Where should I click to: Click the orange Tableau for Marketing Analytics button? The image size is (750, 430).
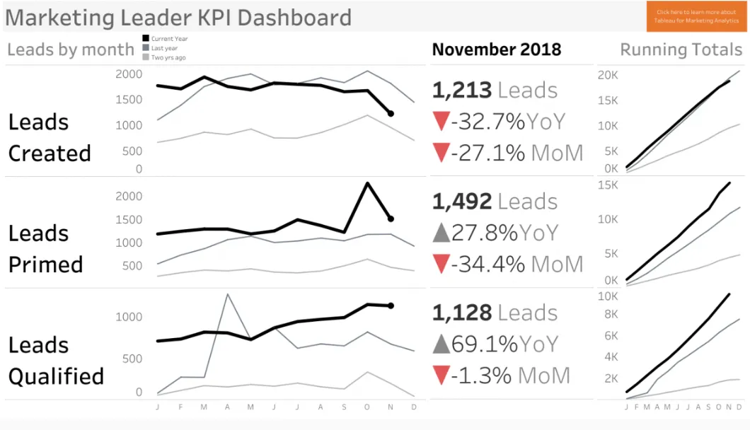696,16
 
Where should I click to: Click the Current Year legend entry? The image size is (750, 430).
165,39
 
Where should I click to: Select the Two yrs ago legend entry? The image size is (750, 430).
164,57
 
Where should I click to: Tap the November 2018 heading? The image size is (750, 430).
497,50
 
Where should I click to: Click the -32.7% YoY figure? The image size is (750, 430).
508,122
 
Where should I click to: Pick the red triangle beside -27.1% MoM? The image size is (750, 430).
441,153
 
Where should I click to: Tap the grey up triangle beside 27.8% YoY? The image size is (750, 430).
441,233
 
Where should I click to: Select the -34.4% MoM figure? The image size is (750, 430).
517,264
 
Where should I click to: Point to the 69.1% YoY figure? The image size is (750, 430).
504,344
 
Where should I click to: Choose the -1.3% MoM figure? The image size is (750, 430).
510,376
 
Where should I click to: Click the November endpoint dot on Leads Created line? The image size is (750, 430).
391,113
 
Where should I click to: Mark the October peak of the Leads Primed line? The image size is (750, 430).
367,182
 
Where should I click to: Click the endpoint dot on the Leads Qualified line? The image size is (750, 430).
391,306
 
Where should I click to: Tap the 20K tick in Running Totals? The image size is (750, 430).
608,75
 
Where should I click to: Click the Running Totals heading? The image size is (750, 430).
681,50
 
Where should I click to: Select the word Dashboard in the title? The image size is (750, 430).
294,18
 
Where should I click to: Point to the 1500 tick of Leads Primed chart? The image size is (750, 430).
129,219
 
